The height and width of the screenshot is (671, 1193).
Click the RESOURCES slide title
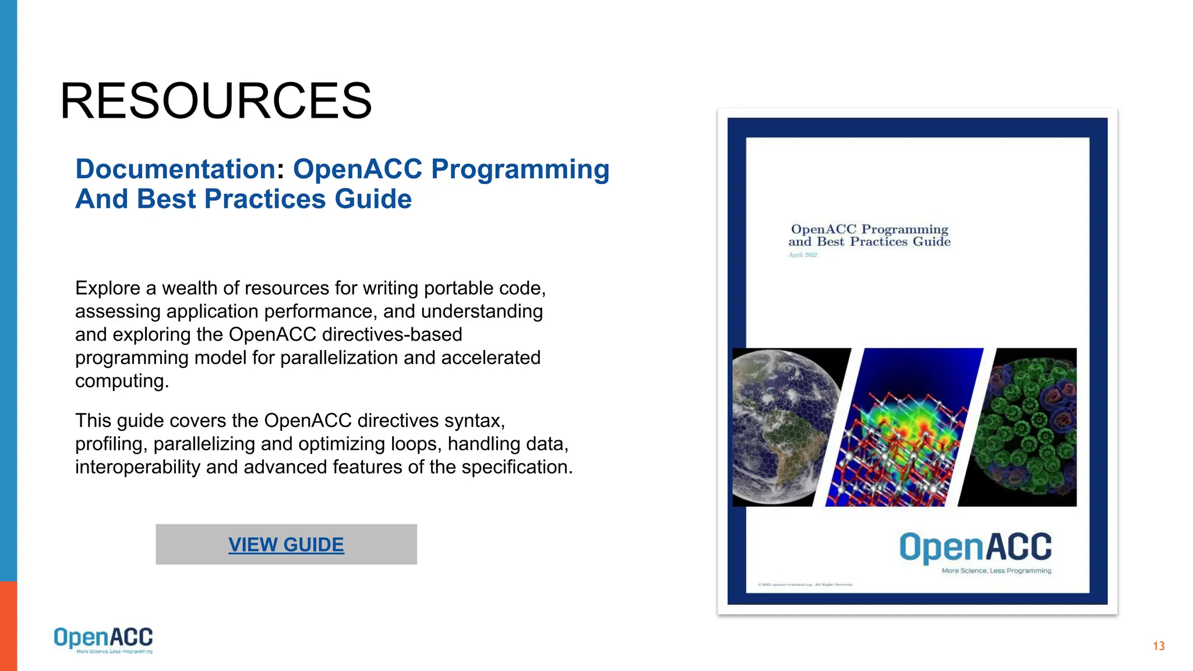click(x=216, y=101)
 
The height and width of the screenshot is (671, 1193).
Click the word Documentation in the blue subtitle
click(x=175, y=169)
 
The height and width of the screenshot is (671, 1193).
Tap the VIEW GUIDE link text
click(x=286, y=545)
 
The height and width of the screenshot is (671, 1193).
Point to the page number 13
click(x=1158, y=646)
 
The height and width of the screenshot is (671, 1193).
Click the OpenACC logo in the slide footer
click(x=103, y=640)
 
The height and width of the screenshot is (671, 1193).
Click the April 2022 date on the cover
click(x=803, y=255)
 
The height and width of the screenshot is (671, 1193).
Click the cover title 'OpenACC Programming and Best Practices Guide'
click(x=869, y=235)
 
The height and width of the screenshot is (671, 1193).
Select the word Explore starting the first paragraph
click(x=108, y=288)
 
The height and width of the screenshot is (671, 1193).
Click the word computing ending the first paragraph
click(x=122, y=381)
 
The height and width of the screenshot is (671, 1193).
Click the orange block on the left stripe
click(x=8, y=626)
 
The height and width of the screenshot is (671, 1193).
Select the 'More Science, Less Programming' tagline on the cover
click(x=996, y=571)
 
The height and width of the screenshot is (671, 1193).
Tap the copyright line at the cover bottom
click(x=805, y=584)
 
